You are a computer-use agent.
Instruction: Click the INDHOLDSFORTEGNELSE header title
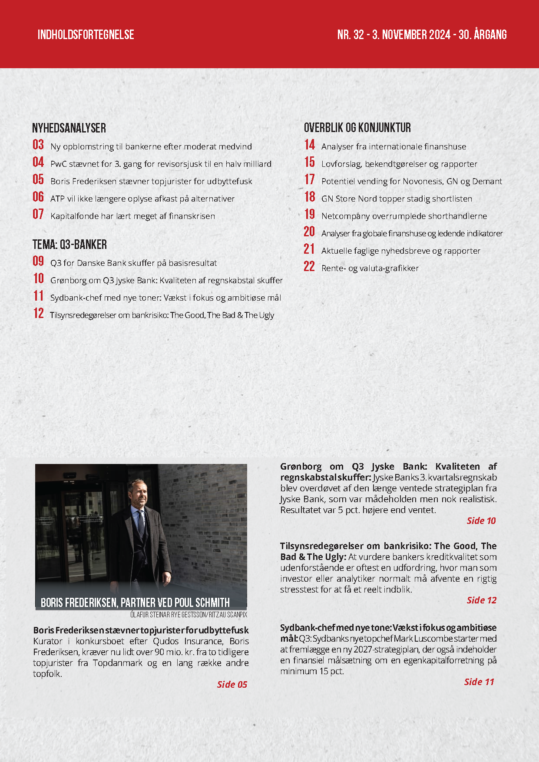pyautogui.click(x=86, y=35)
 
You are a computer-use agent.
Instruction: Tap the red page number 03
pyautogui.click(x=38, y=145)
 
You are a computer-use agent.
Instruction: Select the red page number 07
pyautogui.click(x=38, y=214)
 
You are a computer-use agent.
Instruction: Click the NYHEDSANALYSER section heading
pyautogui.click(x=69, y=128)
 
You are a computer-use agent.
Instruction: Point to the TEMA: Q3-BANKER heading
pyautogui.click(x=69, y=245)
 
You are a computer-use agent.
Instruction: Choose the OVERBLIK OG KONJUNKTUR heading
pyautogui.click(x=357, y=128)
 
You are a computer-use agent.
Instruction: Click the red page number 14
pyautogui.click(x=310, y=145)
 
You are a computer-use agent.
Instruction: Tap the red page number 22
pyautogui.click(x=309, y=266)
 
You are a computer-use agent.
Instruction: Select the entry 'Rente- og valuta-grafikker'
pyautogui.click(x=370, y=268)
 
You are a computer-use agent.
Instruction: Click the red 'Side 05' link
pyautogui.click(x=232, y=684)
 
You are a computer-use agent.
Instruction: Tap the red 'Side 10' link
pyautogui.click(x=481, y=520)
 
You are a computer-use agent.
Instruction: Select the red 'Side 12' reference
pyautogui.click(x=481, y=600)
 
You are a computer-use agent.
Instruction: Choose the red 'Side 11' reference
pyautogui.click(x=479, y=682)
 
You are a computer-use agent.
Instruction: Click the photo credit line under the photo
pyautogui.click(x=188, y=615)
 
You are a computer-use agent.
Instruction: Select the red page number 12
pyautogui.click(x=39, y=313)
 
